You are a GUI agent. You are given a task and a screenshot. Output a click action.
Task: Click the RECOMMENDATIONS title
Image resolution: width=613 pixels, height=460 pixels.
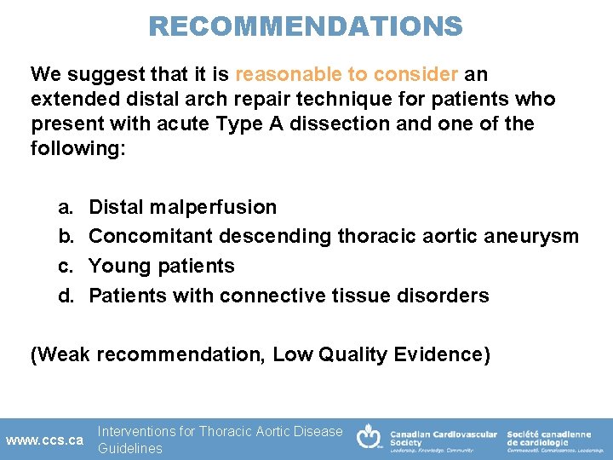tap(306, 26)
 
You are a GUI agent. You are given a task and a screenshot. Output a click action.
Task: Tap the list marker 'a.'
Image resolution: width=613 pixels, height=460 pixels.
tap(66, 207)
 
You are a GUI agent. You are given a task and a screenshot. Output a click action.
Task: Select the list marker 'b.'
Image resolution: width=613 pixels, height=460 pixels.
tap(66, 236)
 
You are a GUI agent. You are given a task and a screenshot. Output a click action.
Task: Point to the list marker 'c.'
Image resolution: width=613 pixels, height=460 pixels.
tap(66, 266)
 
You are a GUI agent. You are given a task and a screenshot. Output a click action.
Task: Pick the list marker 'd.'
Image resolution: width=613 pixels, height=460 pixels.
tap(66, 296)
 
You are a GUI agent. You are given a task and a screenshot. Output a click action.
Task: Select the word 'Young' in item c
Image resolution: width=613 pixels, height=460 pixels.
tap(119, 266)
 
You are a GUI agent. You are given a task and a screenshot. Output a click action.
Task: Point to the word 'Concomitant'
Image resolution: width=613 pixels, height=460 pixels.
tap(151, 236)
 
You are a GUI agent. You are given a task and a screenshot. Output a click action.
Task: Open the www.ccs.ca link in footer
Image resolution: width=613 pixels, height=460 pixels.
tap(44, 440)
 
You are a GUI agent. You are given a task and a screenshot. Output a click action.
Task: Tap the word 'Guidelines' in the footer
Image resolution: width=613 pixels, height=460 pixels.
tap(129, 448)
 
